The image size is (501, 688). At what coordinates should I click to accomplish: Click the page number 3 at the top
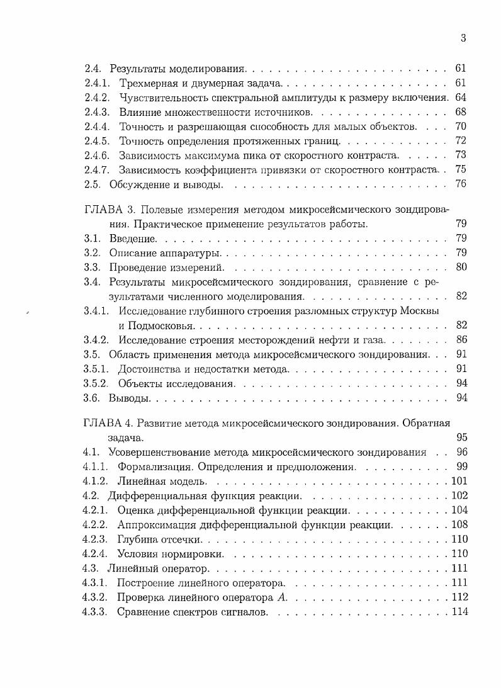click(463, 38)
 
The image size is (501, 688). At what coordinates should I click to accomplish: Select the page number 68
click(460, 112)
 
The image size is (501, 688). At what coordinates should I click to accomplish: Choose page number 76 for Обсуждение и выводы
click(460, 184)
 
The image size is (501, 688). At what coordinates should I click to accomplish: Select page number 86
click(460, 341)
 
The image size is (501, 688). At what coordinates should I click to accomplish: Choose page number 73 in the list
click(460, 155)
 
